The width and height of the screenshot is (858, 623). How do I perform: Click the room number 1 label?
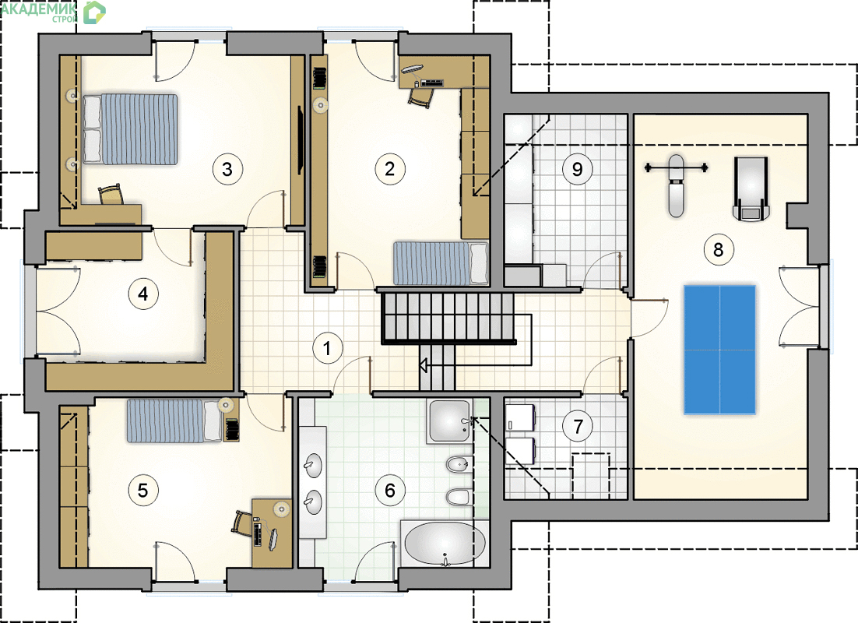327,348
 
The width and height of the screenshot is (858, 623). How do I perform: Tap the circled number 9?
577,169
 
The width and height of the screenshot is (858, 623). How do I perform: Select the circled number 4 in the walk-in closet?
142,294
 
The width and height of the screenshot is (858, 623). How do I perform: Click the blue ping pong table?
719,350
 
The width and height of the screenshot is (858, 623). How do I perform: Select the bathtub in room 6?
445,544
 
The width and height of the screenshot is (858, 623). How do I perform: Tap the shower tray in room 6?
450,421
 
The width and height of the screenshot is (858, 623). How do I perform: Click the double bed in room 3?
130,129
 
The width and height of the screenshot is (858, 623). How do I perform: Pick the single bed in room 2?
441,263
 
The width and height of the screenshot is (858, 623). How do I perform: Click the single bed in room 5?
174,421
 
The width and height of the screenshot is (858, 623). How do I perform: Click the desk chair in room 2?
421,97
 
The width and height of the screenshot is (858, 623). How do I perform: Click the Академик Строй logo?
53,12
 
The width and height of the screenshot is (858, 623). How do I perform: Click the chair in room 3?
111,195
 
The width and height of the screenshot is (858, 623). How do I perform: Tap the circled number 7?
578,426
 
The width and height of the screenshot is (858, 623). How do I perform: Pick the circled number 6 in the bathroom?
389,490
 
